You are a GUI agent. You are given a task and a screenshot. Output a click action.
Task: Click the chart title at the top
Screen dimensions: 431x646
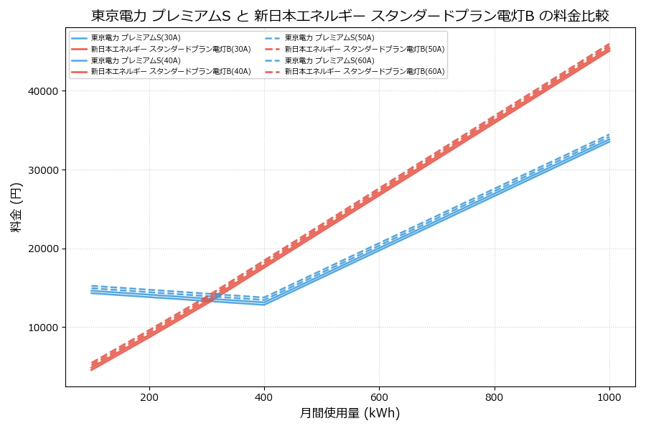350,16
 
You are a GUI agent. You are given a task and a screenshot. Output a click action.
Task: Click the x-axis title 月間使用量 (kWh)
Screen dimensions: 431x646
350,413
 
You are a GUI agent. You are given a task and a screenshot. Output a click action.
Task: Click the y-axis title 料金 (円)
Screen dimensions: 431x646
16,207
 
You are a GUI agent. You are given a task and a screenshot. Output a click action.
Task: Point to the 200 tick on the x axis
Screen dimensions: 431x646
149,397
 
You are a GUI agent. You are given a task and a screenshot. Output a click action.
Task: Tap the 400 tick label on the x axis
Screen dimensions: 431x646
264,397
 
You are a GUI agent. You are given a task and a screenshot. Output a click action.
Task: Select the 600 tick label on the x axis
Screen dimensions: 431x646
379,397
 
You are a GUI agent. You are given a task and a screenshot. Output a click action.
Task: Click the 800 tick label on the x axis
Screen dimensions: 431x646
495,397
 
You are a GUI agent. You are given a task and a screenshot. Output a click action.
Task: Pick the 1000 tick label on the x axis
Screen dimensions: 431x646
609,397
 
